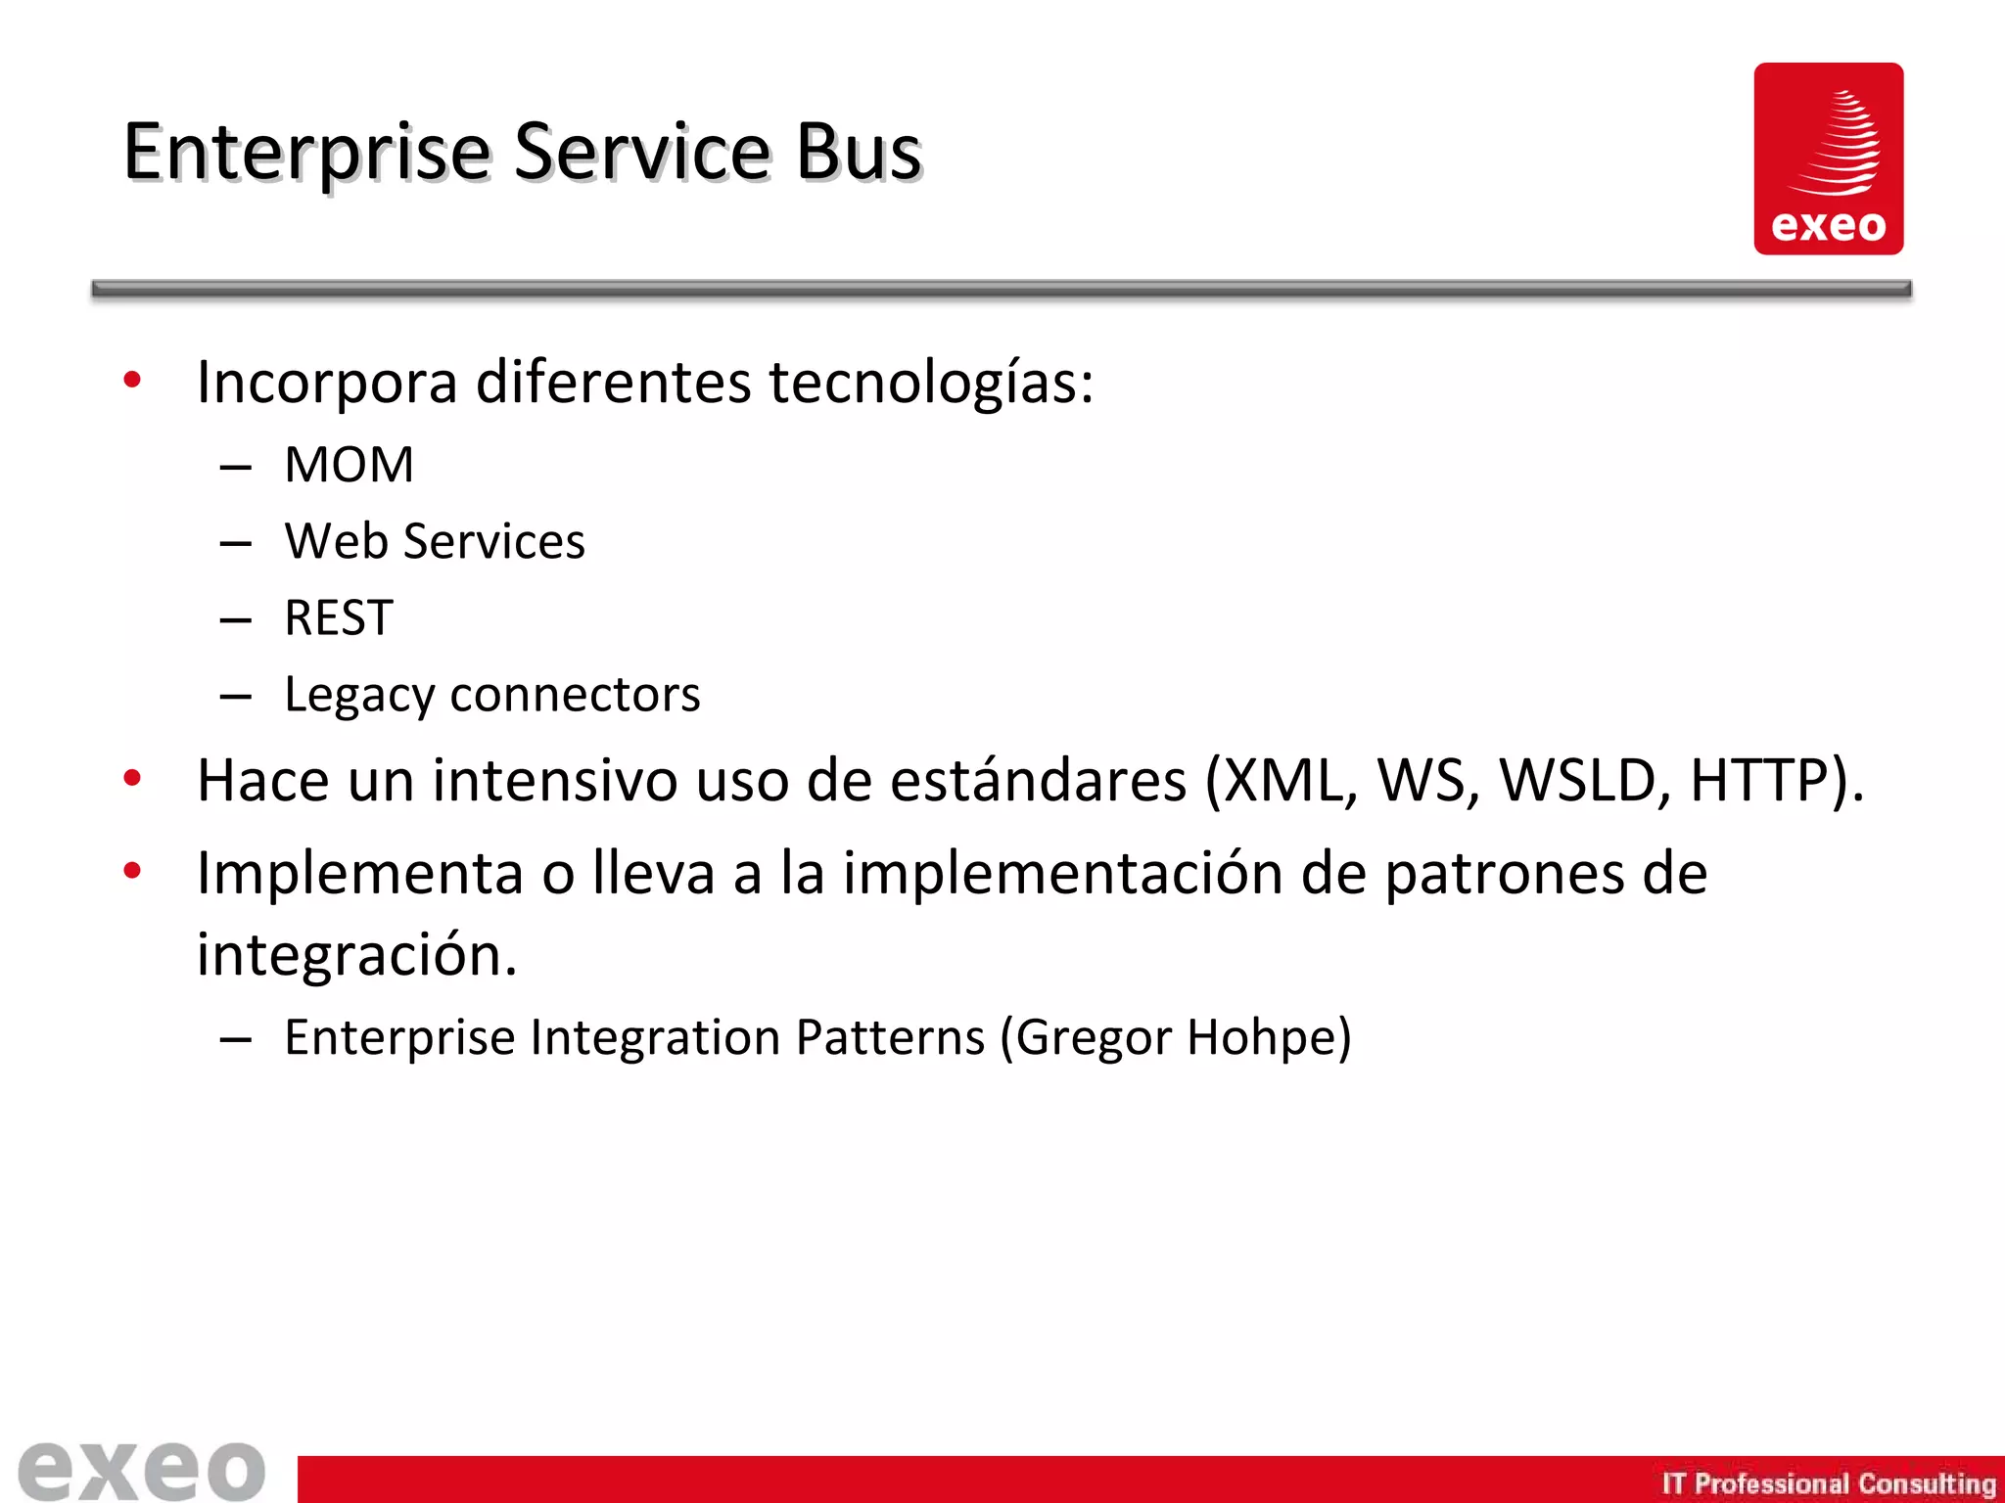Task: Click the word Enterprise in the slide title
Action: (306, 154)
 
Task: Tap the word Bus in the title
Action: (858, 154)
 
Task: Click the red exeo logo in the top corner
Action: (1828, 159)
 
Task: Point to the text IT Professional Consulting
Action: (1828, 1483)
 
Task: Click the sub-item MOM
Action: (349, 465)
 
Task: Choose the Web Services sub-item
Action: (435, 541)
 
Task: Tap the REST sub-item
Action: (339, 618)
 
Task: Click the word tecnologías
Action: (930, 382)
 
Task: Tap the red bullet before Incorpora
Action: (132, 380)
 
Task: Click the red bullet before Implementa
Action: (132, 870)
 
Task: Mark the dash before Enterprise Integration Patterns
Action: (236, 1039)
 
